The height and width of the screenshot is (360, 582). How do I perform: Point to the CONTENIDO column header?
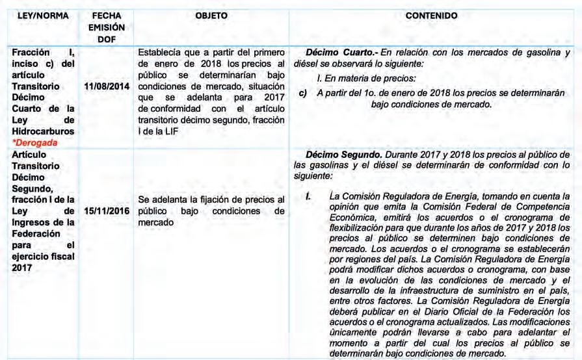click(x=430, y=15)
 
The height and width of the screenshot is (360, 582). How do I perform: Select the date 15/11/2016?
click(x=107, y=211)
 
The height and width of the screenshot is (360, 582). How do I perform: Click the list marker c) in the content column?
click(x=302, y=94)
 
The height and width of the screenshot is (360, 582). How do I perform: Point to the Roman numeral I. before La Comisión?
click(x=310, y=196)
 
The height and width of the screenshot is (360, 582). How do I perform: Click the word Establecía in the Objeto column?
click(x=161, y=53)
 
